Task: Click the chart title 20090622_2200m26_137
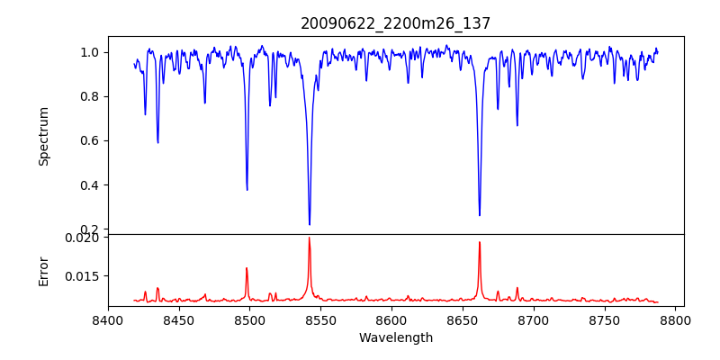[396, 23]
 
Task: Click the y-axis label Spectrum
[44, 136]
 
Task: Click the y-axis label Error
[44, 270]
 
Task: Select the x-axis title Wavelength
[396, 338]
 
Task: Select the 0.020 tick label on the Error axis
[84, 238]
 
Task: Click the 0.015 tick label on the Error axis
[84, 276]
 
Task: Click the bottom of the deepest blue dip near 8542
[310, 224]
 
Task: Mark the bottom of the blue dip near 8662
[480, 215]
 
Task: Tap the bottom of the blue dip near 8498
[247, 190]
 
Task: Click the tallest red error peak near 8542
[310, 238]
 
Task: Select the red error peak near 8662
[480, 242]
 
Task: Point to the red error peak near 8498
[247, 268]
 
